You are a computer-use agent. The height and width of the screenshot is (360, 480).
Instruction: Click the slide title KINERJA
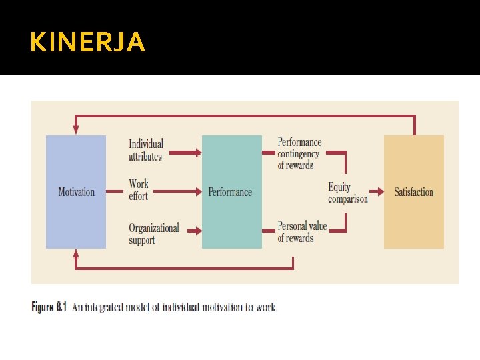[x=87, y=43]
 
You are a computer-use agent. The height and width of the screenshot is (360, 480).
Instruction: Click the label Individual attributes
[x=146, y=150]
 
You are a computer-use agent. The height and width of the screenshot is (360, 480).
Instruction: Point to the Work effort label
[x=139, y=190]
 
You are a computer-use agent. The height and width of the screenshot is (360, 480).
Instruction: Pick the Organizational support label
[x=154, y=233]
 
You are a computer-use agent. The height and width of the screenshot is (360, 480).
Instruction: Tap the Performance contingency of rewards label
[x=299, y=153]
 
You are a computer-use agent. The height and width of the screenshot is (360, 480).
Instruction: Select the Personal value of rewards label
[x=302, y=232]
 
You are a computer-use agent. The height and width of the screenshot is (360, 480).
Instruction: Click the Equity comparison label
[x=347, y=192]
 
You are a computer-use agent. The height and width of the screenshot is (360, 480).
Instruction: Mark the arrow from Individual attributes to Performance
[x=183, y=153]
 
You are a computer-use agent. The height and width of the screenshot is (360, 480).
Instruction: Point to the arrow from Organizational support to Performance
[x=193, y=232]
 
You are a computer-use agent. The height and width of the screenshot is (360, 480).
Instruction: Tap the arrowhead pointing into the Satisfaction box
[x=381, y=192]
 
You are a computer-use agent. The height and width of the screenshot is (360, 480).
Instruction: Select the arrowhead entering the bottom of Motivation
[x=75, y=253]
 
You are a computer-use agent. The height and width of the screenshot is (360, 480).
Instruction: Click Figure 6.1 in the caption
[x=49, y=307]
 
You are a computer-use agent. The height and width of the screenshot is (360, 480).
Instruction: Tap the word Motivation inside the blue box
[x=76, y=192]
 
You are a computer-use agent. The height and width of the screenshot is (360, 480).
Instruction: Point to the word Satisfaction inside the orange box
[x=413, y=192]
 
